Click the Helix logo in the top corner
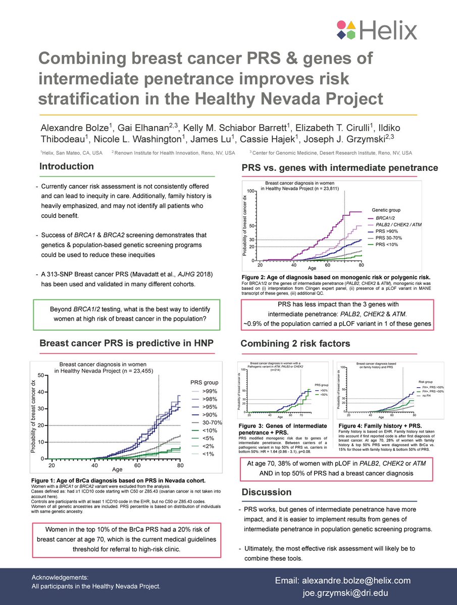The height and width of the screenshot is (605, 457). point(377,30)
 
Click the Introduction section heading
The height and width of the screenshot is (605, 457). point(67,166)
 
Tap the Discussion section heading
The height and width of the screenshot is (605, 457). point(267,492)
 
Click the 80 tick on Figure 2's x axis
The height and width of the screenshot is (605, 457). point(361,265)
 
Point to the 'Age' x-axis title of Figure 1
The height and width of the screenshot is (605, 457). point(117,469)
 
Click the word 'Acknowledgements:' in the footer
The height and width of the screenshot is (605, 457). point(60,577)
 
